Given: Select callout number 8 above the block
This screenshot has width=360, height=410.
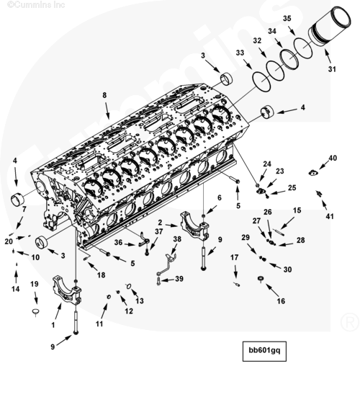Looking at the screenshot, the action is [104, 95].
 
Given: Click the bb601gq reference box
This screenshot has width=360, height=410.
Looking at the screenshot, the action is [264, 351].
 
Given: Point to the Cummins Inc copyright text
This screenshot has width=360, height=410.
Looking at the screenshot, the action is [36, 4].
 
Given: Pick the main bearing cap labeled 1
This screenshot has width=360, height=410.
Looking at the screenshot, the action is [67, 290].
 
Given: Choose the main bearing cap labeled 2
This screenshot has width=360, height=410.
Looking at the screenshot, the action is [194, 226].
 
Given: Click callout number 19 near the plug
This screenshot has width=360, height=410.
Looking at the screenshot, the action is [35, 284].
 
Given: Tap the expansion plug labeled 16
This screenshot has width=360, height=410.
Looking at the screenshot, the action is [261, 280].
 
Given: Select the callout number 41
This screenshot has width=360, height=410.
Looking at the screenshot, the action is [330, 216].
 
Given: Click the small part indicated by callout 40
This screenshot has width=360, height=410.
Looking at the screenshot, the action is [312, 173].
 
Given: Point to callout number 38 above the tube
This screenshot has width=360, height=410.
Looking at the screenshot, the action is [177, 239].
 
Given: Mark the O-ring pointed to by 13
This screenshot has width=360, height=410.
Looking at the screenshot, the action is [129, 286].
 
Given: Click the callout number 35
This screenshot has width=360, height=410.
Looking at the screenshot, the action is [287, 18].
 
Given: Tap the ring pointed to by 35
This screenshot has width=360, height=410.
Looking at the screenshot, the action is [303, 48].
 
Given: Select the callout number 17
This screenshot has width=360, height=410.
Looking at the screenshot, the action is [234, 257].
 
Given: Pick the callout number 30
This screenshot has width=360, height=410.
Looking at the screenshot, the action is [287, 269].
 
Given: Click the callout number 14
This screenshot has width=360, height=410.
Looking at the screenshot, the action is [16, 289].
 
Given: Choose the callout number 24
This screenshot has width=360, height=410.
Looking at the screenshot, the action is [267, 164].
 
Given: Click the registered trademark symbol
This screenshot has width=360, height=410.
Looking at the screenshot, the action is [349, 322].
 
